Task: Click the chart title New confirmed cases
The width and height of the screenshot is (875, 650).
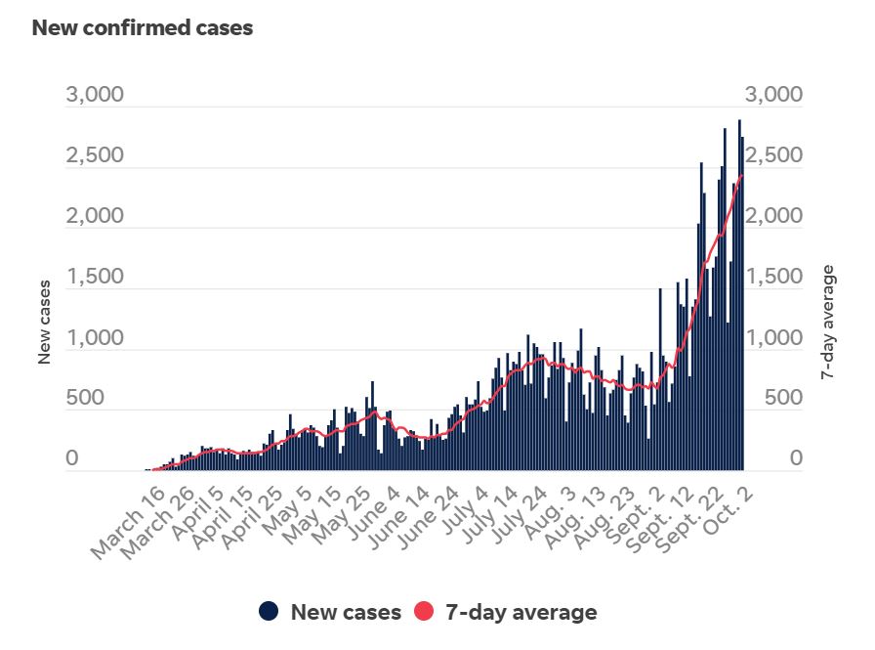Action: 143,28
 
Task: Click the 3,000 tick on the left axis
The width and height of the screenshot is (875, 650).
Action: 95,95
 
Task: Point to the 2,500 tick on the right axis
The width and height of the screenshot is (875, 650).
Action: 773,155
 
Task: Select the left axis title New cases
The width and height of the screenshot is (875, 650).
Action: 44,322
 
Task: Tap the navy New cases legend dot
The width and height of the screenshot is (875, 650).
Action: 270,612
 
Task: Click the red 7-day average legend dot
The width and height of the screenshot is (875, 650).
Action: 425,612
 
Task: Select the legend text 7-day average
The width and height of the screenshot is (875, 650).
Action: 521,613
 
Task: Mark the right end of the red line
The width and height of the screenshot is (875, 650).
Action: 742,175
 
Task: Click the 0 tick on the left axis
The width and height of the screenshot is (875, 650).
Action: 71,458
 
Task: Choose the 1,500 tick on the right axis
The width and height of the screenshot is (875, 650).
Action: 773,277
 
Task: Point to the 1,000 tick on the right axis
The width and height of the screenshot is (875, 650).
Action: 773,338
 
